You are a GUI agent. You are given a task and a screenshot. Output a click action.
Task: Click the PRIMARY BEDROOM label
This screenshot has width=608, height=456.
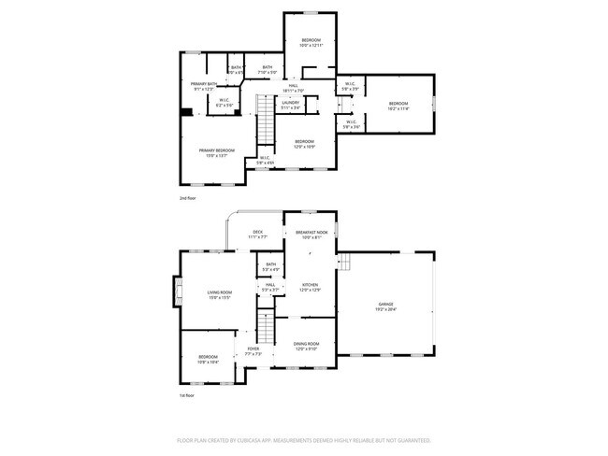pos(215,150)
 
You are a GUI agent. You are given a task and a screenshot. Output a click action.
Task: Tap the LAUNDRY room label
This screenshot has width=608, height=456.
pos(290,105)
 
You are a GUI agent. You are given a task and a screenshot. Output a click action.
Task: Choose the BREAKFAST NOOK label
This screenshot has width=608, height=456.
pos(311,232)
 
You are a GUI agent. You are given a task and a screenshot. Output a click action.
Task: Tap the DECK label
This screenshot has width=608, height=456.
pos(258,232)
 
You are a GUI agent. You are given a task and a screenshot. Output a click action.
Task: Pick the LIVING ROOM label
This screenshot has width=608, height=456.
pos(220,293)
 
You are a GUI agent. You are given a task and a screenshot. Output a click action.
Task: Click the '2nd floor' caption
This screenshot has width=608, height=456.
pos(188,198)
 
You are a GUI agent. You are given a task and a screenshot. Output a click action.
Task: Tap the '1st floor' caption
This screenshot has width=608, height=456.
pos(188,396)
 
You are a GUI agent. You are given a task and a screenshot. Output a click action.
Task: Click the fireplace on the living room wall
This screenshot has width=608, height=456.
pos(176,292)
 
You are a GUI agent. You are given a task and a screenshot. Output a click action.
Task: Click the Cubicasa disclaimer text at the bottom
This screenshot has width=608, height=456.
pos(304,439)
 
